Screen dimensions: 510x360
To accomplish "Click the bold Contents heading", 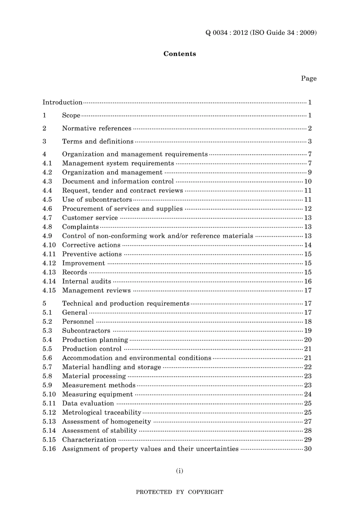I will [x=180, y=54].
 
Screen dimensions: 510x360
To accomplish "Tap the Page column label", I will [x=308, y=78].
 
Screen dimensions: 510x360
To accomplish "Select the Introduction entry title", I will [x=62, y=102].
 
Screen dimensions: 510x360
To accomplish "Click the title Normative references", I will [x=97, y=129].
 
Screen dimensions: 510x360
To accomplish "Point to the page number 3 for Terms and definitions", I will [x=310, y=141].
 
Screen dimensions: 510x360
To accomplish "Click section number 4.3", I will [x=47, y=182].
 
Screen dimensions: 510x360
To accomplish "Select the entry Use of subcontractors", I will [x=97, y=200].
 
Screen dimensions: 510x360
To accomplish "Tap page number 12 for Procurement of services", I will [x=308, y=209].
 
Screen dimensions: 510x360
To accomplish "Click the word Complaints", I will [x=80, y=227].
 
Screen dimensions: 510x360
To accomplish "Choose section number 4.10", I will [x=49, y=245].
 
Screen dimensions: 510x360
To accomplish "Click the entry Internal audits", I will [x=86, y=281].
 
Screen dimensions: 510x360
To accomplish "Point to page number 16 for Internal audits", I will [x=308, y=281].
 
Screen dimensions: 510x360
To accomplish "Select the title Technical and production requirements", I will [x=125, y=303].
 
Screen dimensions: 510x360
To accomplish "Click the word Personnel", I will [x=78, y=322].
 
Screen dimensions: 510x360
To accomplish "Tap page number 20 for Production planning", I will [x=308, y=340].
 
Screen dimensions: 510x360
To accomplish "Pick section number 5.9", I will [x=47, y=385].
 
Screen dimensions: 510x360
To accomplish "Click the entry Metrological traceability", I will [x=102, y=413].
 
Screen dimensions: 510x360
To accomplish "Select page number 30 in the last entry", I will [x=308, y=449].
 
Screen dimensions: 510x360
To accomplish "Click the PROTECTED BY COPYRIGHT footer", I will [x=180, y=492].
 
